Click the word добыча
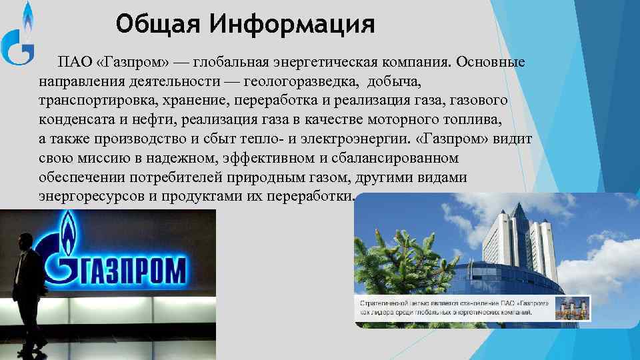(397, 81)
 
